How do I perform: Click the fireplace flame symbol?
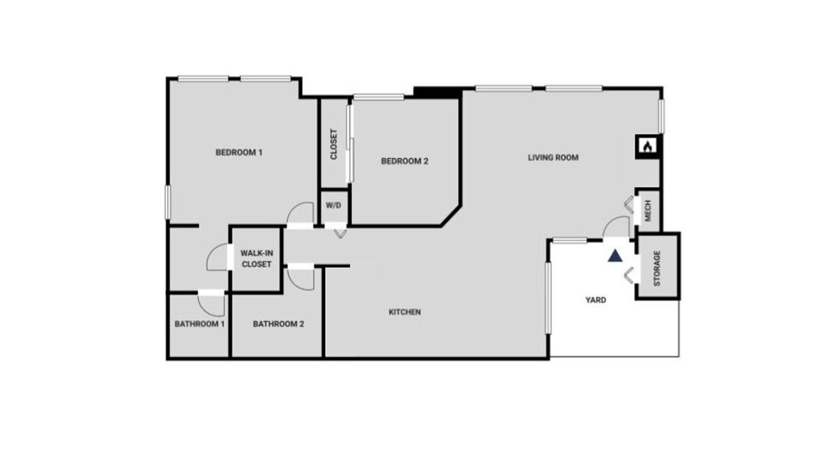pos(648,147)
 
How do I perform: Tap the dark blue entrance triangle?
pos(615,255)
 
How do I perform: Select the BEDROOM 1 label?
pos(239,152)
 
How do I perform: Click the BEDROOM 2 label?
pos(404,161)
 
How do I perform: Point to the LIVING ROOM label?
pos(553,158)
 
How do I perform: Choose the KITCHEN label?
pos(404,312)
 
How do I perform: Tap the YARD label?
pos(596,300)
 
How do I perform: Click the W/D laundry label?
pos(333,206)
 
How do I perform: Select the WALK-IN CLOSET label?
pos(257,259)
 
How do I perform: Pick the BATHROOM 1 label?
pos(200,324)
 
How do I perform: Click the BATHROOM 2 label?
pos(278,324)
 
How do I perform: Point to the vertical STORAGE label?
pos(657,268)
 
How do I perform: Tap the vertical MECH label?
pos(648,211)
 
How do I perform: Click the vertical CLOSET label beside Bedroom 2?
pos(333,144)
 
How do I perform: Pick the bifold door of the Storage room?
pos(629,275)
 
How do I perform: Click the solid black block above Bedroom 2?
pos(437,93)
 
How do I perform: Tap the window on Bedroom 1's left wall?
pos(168,202)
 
